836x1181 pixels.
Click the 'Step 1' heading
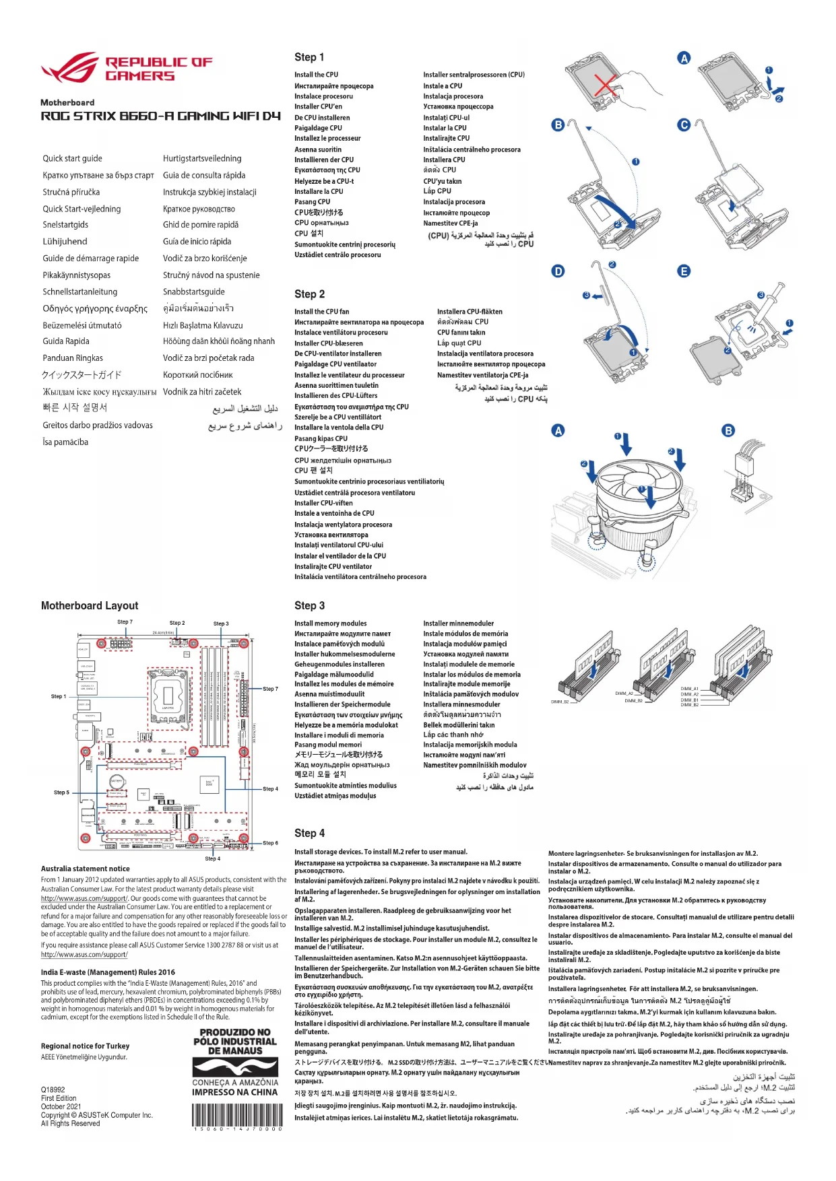(309, 57)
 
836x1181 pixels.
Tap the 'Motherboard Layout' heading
(90, 605)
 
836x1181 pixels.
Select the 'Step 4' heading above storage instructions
(309, 833)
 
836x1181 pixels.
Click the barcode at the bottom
(236, 1116)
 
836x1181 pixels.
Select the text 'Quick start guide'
(73, 158)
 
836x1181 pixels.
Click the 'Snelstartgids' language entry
(65, 225)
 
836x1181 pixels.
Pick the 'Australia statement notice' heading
(85, 869)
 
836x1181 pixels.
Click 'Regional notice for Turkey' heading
(85, 1046)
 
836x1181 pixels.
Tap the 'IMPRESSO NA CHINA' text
(234, 1092)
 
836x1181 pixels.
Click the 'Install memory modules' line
(330, 623)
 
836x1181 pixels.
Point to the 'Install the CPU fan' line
(321, 312)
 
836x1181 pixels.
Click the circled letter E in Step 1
(684, 271)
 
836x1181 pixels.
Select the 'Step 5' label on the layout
(61, 792)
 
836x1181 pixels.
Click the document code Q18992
(53, 1089)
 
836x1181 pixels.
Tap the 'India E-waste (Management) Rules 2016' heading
(108, 972)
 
